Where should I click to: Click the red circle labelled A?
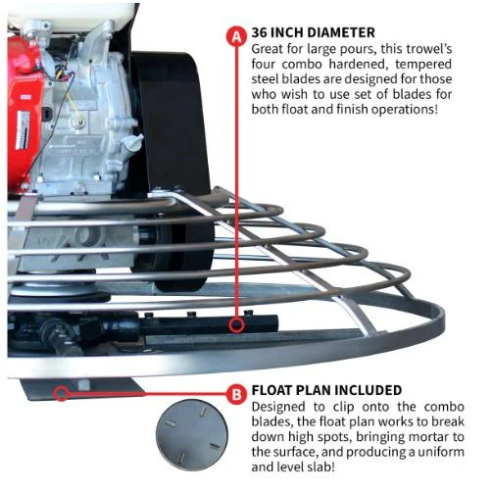[236, 36]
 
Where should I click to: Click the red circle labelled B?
[236, 394]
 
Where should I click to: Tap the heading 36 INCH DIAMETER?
[314, 32]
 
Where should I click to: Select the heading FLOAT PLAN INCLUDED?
[326, 390]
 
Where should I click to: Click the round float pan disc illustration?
[192, 435]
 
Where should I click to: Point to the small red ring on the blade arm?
[236, 325]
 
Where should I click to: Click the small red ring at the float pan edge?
[62, 393]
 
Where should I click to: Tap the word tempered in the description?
[423, 64]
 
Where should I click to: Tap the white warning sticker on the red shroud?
[23, 129]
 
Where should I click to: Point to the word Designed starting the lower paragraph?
[278, 408]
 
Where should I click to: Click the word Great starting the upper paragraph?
[267, 49]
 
